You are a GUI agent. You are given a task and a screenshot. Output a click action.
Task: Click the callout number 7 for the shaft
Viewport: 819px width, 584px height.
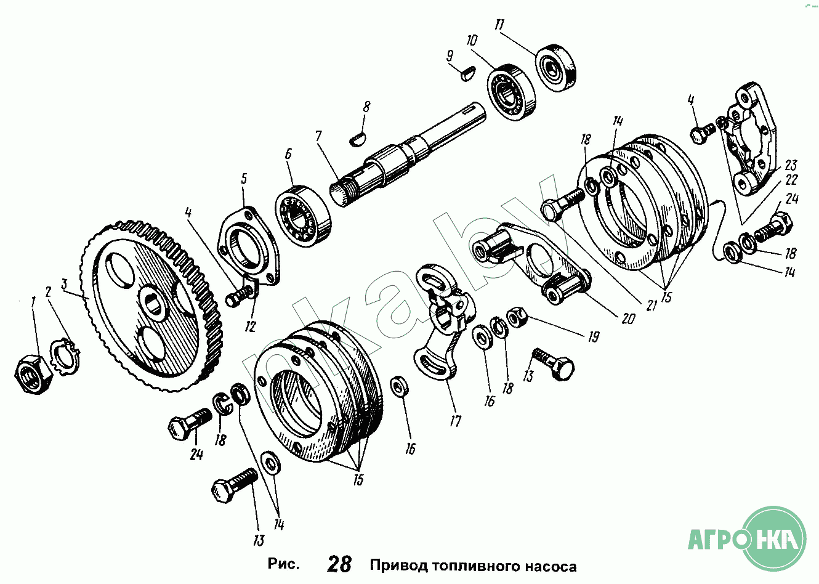tap(318, 136)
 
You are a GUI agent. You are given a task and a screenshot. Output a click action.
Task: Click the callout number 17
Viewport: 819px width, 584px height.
tap(455, 421)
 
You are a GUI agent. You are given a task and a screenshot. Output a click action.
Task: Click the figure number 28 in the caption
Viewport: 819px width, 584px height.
tap(339, 564)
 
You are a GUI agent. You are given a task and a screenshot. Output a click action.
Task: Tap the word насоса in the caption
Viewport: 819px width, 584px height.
tap(550, 566)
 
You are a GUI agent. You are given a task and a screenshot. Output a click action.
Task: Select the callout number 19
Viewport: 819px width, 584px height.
tap(593, 337)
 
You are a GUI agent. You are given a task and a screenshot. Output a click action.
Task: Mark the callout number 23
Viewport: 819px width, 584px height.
tap(791, 165)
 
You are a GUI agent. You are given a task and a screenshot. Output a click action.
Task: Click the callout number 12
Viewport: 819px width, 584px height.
tap(249, 326)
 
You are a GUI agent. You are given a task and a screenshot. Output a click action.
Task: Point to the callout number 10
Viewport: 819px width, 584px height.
tap(472, 41)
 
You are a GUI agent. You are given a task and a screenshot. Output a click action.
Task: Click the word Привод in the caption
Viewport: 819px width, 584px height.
tap(398, 566)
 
